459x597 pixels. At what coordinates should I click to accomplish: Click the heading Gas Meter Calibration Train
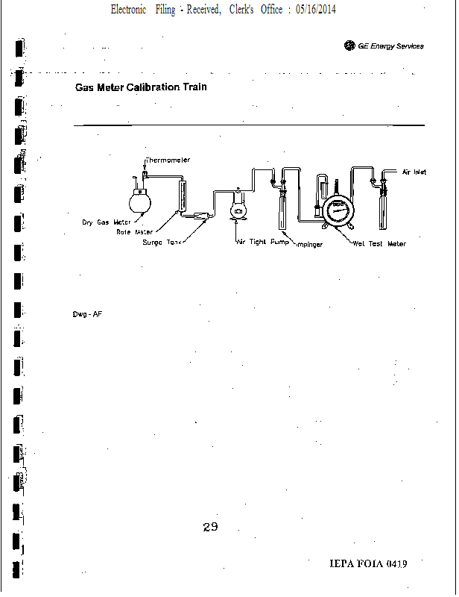click(x=141, y=87)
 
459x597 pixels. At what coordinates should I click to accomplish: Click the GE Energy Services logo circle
click(x=349, y=46)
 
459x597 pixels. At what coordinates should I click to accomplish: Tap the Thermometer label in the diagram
click(x=168, y=160)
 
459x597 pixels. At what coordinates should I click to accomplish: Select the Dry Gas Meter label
click(x=106, y=222)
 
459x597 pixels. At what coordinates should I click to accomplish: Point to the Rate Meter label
click(x=134, y=231)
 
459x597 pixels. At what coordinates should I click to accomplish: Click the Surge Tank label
click(x=162, y=243)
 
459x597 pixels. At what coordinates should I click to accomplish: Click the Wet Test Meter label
click(x=379, y=244)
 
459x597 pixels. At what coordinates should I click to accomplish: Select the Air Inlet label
click(x=414, y=172)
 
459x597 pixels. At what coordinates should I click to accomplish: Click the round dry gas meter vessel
click(x=139, y=201)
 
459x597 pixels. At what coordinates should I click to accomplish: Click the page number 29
click(x=210, y=528)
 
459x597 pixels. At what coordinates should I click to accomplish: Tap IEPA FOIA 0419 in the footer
click(x=368, y=563)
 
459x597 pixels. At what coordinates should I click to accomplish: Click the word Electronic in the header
click(x=128, y=10)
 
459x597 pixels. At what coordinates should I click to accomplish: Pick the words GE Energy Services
click(x=390, y=46)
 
